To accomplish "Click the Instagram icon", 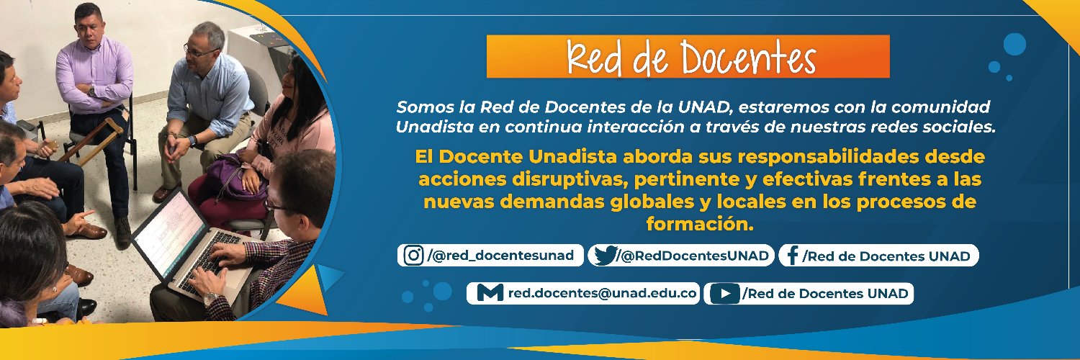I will point(413,256).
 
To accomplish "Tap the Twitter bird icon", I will point(605,256).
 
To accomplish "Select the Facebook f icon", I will point(791,256).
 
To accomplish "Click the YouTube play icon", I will point(724,293).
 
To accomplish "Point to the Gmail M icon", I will point(490,293).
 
